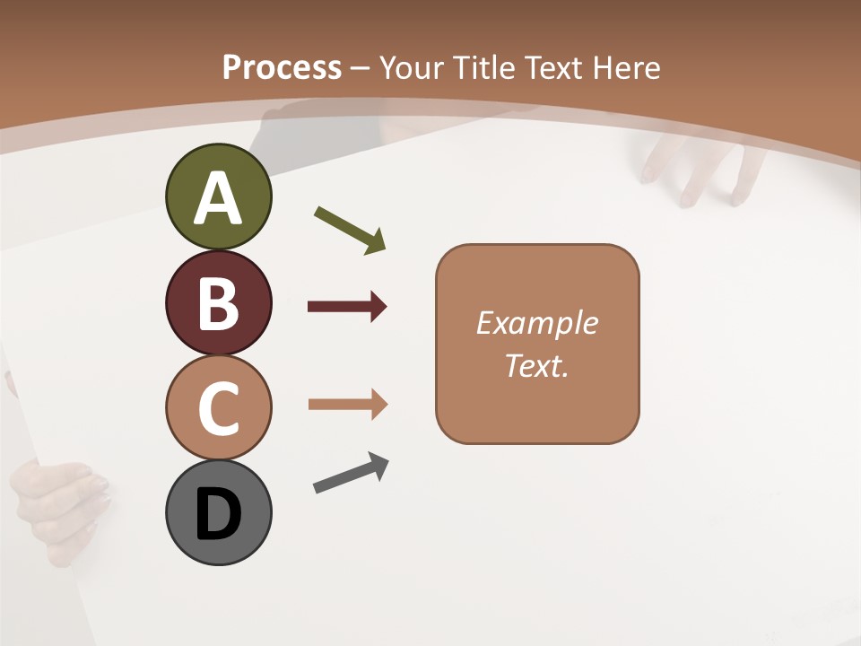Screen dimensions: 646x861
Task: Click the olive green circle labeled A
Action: coord(218,196)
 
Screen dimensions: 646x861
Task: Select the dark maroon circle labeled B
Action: coord(218,302)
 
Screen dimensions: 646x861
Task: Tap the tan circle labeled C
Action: coord(218,407)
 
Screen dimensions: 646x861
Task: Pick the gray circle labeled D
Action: coord(218,512)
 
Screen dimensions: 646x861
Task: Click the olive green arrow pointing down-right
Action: coord(351,230)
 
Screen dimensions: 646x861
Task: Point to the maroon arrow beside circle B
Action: coord(347,307)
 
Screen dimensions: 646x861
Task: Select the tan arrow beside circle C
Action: coord(347,405)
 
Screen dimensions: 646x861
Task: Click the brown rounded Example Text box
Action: coord(537,344)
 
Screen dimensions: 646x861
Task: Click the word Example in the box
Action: coord(537,323)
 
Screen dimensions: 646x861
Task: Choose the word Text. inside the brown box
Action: coord(537,366)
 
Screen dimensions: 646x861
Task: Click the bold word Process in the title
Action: coord(282,67)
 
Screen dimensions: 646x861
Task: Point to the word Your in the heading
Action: coord(413,67)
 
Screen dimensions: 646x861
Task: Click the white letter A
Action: coord(218,198)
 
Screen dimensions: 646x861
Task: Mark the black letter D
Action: coord(218,514)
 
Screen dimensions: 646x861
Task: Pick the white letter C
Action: coord(218,408)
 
